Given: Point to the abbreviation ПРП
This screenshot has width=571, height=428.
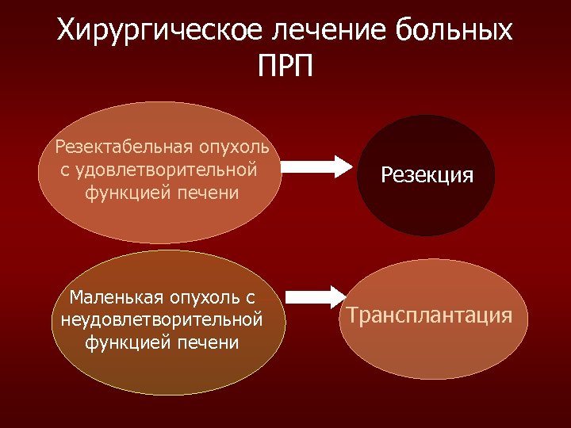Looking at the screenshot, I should pyautogui.click(x=285, y=66).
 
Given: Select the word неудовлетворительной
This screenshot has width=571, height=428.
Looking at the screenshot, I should pyautogui.click(x=161, y=320).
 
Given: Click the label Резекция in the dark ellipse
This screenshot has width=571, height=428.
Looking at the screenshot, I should pyautogui.click(x=427, y=175).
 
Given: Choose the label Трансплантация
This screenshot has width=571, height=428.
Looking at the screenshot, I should pyautogui.click(x=429, y=315).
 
